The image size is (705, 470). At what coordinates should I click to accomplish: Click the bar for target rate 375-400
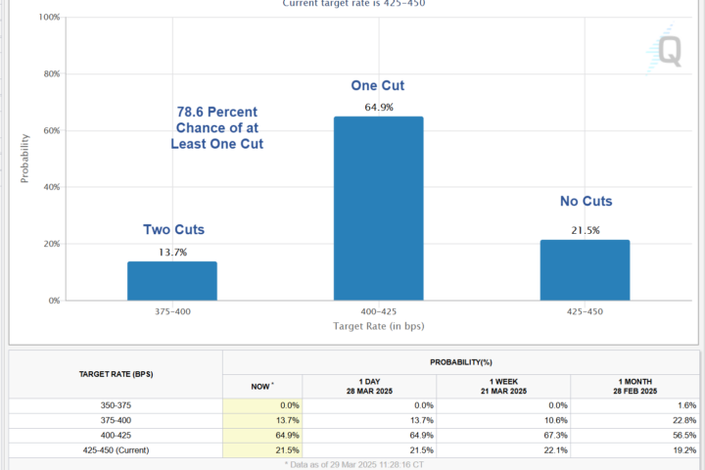click(x=171, y=281)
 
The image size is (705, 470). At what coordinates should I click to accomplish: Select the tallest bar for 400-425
click(x=378, y=208)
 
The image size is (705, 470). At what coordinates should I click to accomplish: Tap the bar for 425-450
click(x=585, y=270)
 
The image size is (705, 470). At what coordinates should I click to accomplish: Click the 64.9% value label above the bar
click(x=378, y=108)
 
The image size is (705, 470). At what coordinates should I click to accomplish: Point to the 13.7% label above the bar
click(x=172, y=253)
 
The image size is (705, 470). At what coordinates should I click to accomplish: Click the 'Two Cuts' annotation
click(x=174, y=230)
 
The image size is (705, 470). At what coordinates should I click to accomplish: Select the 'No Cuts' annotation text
click(x=586, y=202)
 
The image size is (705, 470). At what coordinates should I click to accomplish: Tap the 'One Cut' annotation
click(x=377, y=86)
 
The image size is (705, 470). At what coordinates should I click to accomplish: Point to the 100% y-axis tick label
click(x=48, y=18)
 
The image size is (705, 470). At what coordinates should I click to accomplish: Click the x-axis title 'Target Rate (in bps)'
click(x=378, y=326)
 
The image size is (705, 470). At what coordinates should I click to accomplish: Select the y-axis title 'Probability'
click(x=25, y=160)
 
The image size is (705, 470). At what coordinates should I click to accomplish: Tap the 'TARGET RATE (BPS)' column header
click(x=116, y=375)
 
